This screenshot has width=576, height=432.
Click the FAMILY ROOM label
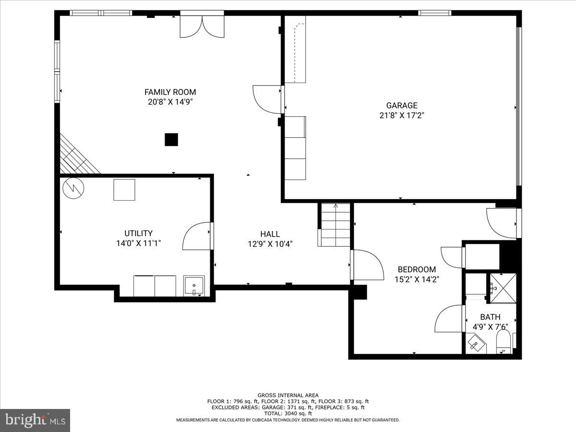(x=170, y=92)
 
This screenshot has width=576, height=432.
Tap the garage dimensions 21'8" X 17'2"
(x=402, y=115)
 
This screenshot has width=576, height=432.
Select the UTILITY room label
(x=138, y=233)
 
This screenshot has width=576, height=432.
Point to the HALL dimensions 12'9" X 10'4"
(x=270, y=244)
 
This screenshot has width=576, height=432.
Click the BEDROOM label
(x=417, y=269)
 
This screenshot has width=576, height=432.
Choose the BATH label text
(x=490, y=317)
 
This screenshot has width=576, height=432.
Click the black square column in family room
(x=171, y=140)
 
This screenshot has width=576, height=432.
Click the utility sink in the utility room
(x=194, y=286)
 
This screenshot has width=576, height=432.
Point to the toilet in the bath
(x=504, y=344)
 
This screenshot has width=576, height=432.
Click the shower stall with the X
(x=503, y=288)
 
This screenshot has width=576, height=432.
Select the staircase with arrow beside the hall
(x=335, y=225)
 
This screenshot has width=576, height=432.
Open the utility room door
(x=197, y=236)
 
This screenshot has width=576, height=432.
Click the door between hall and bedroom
(x=368, y=264)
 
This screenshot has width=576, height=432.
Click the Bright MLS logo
(x=35, y=420)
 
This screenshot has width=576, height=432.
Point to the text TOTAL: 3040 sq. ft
(x=288, y=413)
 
